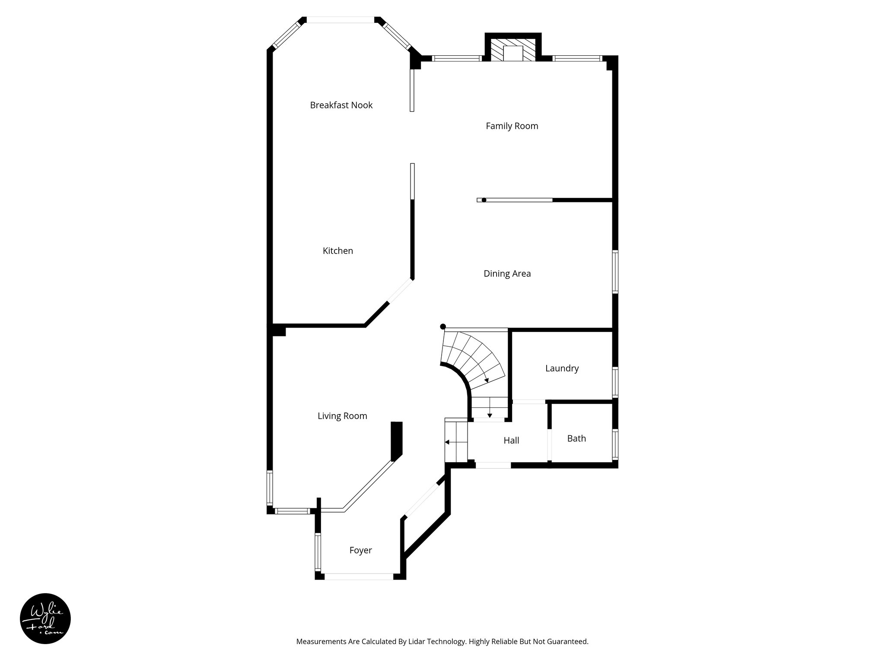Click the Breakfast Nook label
tap(341, 105)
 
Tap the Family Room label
tap(512, 126)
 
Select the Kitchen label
tap(337, 251)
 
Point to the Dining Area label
tap(507, 274)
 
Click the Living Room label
tap(342, 416)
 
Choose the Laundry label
tap(561, 368)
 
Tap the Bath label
tap(576, 438)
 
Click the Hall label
tap(511, 441)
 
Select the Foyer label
tap(360, 550)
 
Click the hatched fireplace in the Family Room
tap(513, 49)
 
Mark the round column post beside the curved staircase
tap(442, 327)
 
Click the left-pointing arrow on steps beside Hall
tap(448, 442)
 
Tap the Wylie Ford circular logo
tap(45, 619)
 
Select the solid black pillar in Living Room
tap(396, 441)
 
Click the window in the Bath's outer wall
tap(615, 444)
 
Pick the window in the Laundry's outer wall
tap(615, 382)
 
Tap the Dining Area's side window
tap(615, 272)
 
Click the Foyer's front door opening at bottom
tap(359, 576)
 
